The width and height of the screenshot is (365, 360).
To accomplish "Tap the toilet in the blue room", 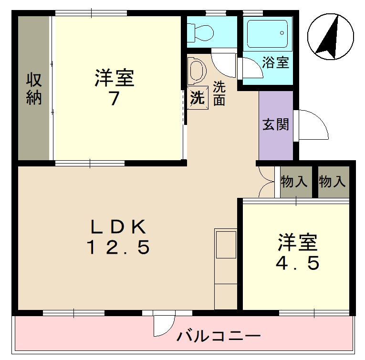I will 200,32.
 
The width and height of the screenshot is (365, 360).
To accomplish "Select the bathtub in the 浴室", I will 268,33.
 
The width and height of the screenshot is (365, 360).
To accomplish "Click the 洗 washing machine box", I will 197,98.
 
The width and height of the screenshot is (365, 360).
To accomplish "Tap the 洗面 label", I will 219,93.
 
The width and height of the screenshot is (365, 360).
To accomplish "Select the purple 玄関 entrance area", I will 276,125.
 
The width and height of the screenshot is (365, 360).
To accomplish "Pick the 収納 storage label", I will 34,89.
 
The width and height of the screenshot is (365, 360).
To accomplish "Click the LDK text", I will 118,226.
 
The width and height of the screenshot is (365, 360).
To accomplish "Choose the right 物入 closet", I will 333,182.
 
